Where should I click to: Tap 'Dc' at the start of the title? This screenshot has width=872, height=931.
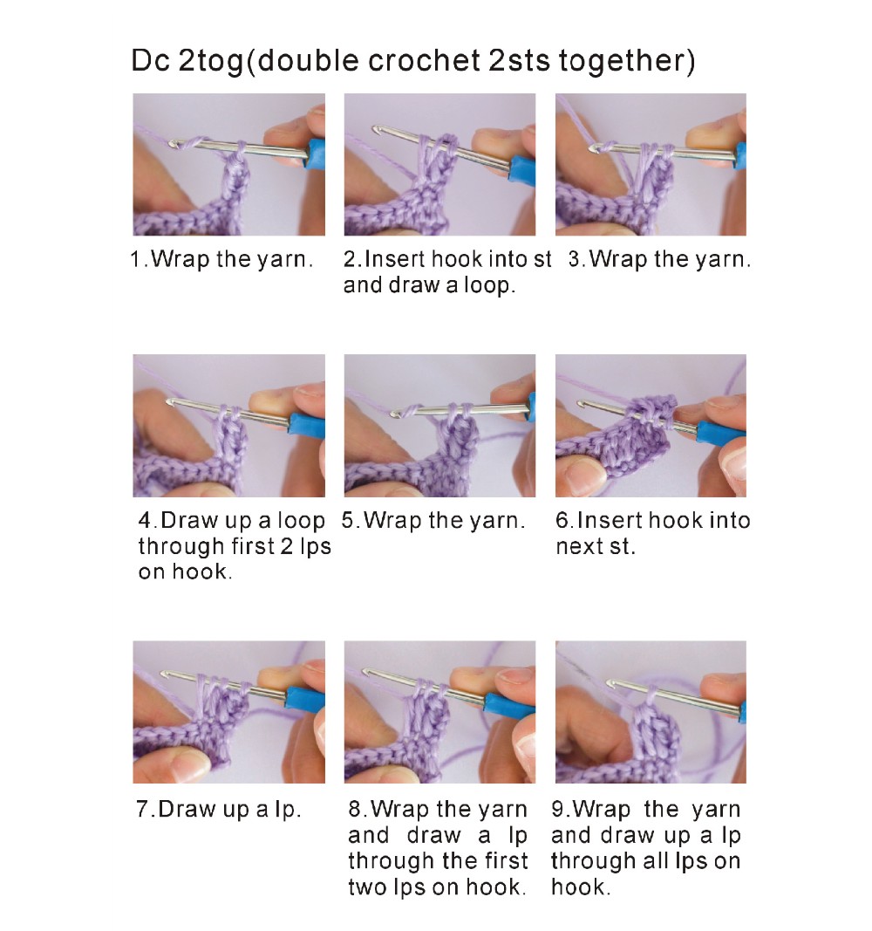[x=151, y=60]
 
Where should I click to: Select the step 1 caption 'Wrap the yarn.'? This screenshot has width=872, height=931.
[x=231, y=259]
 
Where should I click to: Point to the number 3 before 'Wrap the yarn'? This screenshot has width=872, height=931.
[x=575, y=259]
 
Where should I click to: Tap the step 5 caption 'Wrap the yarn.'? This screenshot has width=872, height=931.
[x=444, y=521]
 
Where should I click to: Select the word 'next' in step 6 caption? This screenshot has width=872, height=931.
[x=578, y=546]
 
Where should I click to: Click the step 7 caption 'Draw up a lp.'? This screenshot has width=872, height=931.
[x=229, y=810]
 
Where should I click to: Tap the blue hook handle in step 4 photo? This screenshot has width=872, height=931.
[x=307, y=423]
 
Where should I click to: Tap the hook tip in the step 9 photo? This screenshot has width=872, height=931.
[x=611, y=684]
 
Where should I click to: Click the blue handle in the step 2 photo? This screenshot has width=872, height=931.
[x=522, y=168]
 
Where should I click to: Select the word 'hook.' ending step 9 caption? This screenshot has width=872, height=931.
[x=580, y=887]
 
